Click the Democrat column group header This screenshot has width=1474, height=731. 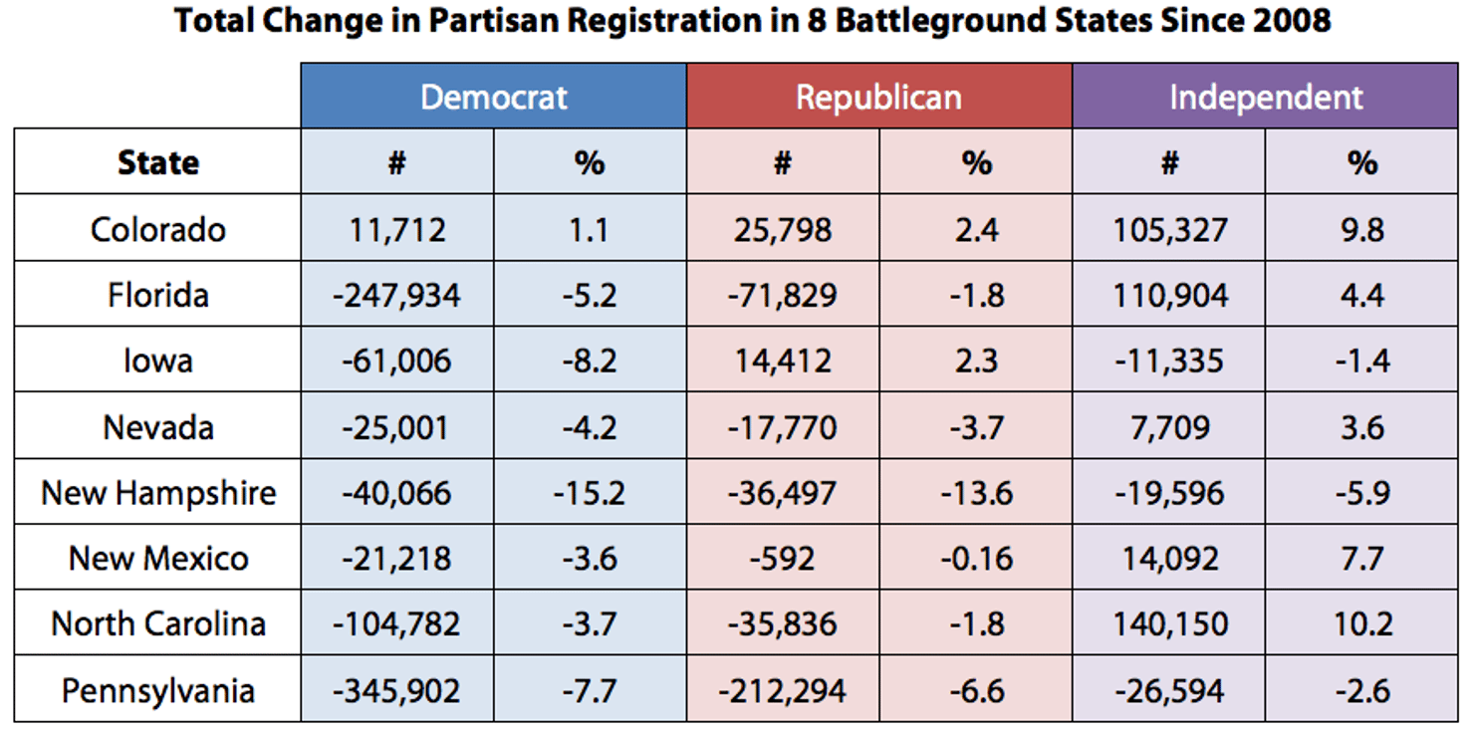[x=493, y=97]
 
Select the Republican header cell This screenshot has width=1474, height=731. [x=878, y=97]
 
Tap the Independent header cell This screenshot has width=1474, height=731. [x=1265, y=97]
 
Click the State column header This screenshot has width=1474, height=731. [x=157, y=162]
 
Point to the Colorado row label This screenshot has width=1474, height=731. [x=157, y=229]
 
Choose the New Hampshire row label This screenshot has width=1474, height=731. [x=157, y=493]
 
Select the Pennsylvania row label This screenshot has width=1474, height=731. [x=157, y=690]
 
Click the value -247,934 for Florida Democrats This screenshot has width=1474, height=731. [x=396, y=295]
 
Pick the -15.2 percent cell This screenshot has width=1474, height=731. [x=590, y=493]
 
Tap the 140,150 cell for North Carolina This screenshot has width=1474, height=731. [x=1169, y=624]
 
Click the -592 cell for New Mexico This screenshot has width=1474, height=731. [x=782, y=559]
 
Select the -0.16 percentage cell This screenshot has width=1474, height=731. [x=976, y=559]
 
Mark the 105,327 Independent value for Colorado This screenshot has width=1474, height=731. [x=1169, y=229]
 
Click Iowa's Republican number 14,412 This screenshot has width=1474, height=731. [x=782, y=361]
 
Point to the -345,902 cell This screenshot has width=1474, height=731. [x=396, y=690]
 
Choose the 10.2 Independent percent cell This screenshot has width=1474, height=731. [x=1361, y=624]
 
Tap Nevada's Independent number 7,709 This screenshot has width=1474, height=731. [x=1169, y=427]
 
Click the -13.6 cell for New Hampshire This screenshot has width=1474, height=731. [x=976, y=493]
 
